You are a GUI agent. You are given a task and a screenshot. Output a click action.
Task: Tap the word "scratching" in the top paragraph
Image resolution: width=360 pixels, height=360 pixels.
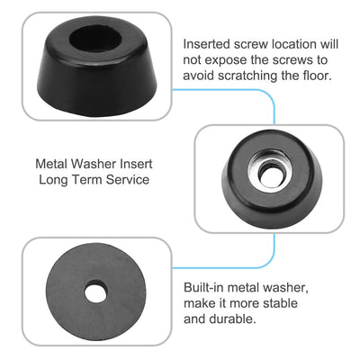pyautogui.click(x=247, y=76)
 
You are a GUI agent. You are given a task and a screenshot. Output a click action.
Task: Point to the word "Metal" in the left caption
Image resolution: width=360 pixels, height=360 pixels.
pyautogui.click(x=51, y=164)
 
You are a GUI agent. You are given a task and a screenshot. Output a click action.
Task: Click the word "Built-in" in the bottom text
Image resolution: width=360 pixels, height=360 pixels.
pyautogui.click(x=203, y=287)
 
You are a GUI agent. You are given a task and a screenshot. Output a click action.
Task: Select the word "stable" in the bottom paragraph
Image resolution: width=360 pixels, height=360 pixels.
pyautogui.click(x=280, y=302)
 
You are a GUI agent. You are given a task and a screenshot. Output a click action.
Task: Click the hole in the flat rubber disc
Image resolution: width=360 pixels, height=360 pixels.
pyautogui.click(x=96, y=292)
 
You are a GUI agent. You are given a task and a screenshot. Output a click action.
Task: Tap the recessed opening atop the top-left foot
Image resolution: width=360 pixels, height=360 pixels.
pyautogui.click(x=95, y=39)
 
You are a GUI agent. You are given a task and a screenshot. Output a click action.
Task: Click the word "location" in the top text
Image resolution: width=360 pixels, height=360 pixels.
pyautogui.click(x=294, y=44)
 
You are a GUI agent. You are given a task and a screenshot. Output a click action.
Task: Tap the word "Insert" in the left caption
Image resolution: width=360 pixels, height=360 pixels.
pyautogui.click(x=136, y=164)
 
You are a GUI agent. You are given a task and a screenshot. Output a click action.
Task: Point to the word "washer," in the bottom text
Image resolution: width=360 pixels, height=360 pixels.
pyautogui.click(x=285, y=288)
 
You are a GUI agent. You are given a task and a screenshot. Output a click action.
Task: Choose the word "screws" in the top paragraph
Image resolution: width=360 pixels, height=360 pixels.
pyautogui.click(x=291, y=59)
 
